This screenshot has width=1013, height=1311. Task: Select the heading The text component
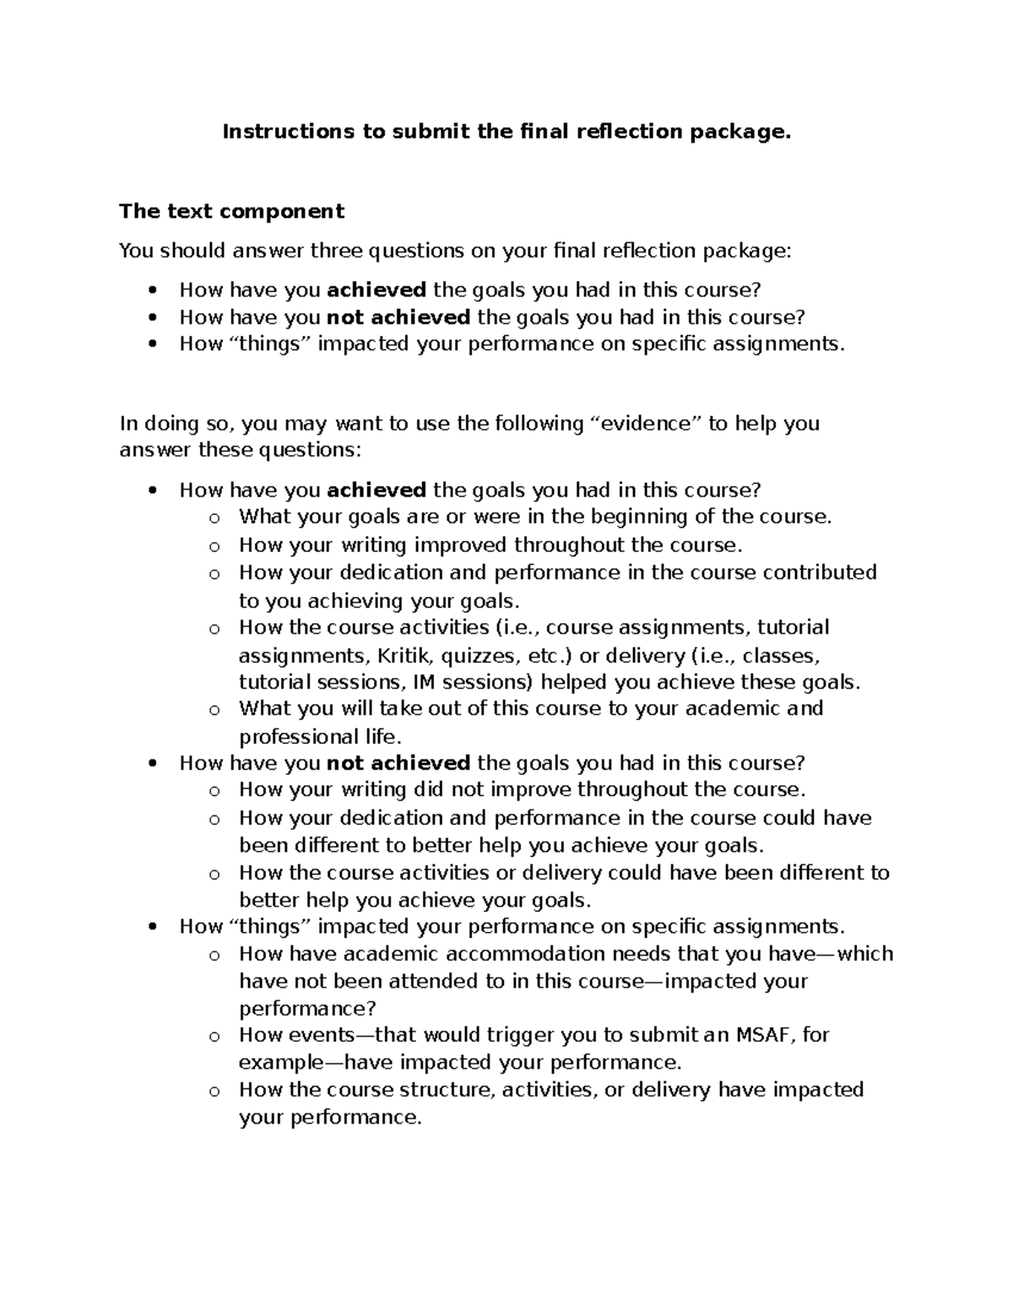coord(231,211)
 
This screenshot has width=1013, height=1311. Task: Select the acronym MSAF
coord(763,1035)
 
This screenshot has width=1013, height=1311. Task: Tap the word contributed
coord(820,572)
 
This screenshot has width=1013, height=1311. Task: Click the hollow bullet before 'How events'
coord(214,1037)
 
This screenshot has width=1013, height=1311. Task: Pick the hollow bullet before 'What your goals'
coord(214,518)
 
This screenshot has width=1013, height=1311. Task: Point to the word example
coord(282,1062)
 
